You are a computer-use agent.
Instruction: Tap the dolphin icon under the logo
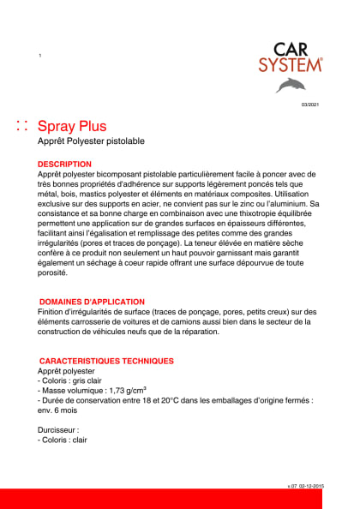coord(291,84)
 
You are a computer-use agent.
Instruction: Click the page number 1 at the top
coord(40,56)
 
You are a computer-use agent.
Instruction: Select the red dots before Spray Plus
coord(23,126)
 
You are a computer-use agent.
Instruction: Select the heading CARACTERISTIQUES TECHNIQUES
coord(107,361)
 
